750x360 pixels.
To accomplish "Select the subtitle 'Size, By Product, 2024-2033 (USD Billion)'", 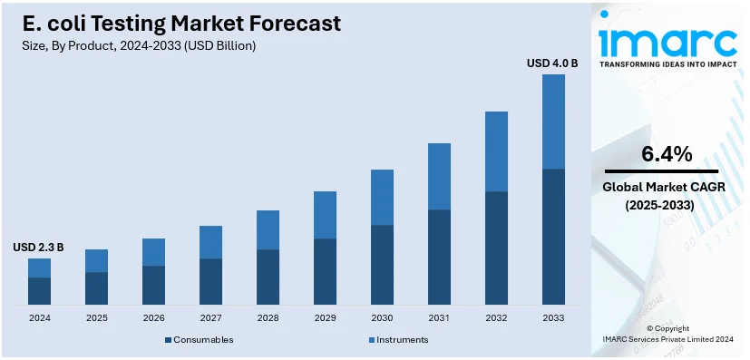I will (x=139, y=46).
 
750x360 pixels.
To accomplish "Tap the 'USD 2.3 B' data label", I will (x=38, y=247).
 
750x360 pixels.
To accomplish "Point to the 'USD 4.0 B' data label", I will (x=552, y=63).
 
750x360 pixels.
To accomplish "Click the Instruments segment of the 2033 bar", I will (x=553, y=122).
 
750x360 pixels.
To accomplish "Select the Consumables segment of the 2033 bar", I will (x=553, y=236).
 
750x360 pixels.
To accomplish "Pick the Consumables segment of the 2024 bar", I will (x=39, y=290).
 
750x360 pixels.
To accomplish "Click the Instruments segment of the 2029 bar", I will (x=325, y=215).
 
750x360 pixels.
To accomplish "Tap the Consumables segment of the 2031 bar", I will (x=439, y=257).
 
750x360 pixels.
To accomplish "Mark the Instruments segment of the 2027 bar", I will (x=210, y=242).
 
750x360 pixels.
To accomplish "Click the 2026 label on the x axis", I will (x=153, y=318).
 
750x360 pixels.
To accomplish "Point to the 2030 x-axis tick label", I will (x=382, y=318).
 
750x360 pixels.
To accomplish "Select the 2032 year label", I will (x=496, y=318).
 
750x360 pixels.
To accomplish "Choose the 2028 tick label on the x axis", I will (x=268, y=318).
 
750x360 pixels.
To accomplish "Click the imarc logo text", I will (x=668, y=41).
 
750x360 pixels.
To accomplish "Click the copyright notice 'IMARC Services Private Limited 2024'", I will (x=667, y=339).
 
